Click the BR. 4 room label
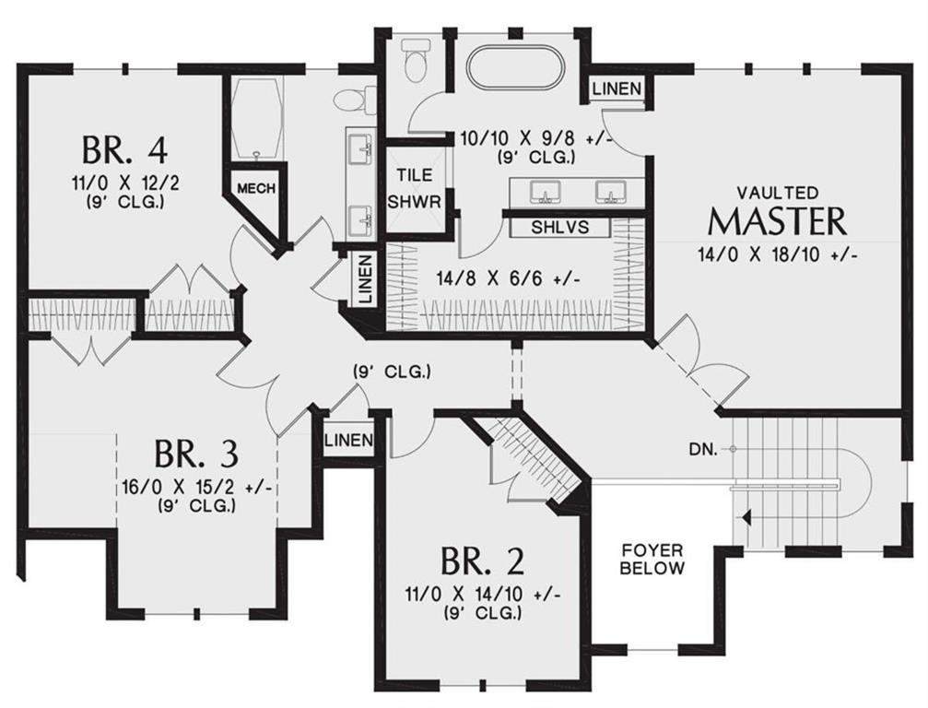coord(124,150)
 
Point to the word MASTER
coord(777,221)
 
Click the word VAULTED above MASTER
coord(777,193)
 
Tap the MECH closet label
coord(256,188)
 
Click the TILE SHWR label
coord(415,188)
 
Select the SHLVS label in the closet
coord(560,227)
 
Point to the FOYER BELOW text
coord(652,560)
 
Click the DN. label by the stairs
coord(703,449)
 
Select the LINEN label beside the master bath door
coord(617,88)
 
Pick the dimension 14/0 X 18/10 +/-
coord(778,255)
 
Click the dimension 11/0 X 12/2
coord(125,183)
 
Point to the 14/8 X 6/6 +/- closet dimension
coord(507,277)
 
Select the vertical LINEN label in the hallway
coord(366,278)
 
